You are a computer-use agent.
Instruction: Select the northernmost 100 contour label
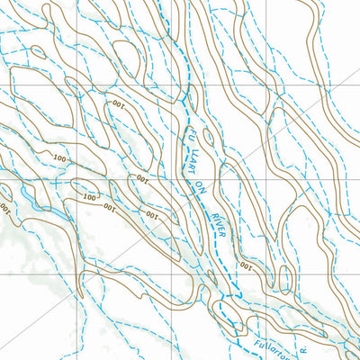118,105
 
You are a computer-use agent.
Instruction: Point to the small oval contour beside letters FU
209,138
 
